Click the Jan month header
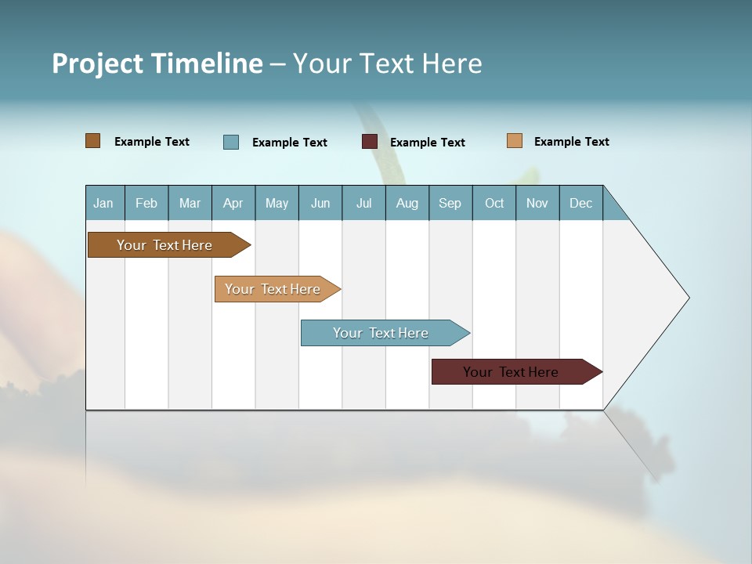(x=104, y=203)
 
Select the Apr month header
(x=233, y=203)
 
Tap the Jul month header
(x=363, y=203)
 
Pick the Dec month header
(x=580, y=203)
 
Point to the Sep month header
(x=450, y=203)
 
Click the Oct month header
(x=494, y=203)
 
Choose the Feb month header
(x=146, y=203)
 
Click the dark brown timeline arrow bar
(x=164, y=245)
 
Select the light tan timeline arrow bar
(x=273, y=289)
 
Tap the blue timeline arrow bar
(x=381, y=333)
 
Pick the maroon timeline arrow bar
(x=511, y=372)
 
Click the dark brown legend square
(x=93, y=141)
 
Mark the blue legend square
(x=231, y=142)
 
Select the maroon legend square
(x=370, y=142)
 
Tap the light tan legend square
(x=515, y=141)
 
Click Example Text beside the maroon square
(x=427, y=143)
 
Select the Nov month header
(x=537, y=203)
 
